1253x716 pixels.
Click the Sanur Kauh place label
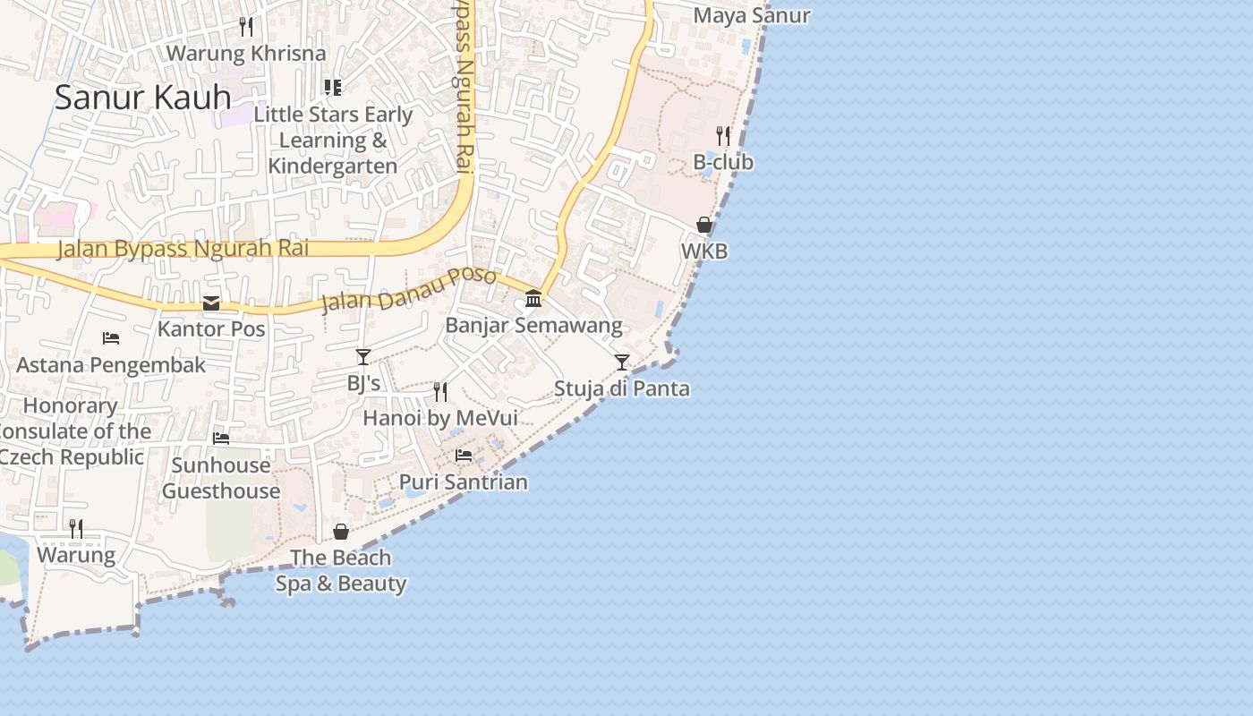(143, 97)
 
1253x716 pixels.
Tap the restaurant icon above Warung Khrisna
(246, 27)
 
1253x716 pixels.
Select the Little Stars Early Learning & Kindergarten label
(333, 141)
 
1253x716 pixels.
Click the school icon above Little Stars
(333, 88)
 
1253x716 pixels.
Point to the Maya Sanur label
(752, 15)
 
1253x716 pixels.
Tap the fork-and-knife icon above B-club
(723, 136)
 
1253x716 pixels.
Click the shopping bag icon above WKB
(704, 225)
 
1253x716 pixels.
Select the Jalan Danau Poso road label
(408, 288)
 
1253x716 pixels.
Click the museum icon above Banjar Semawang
(533, 298)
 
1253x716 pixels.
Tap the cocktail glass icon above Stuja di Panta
(622, 362)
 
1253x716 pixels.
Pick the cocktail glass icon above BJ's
(363, 357)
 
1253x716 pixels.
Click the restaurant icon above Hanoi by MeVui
(440, 391)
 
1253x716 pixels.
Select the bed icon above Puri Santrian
(464, 456)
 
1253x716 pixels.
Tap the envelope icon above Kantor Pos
(211, 303)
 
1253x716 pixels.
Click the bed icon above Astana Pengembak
(111, 338)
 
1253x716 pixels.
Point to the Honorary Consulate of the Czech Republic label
(72, 431)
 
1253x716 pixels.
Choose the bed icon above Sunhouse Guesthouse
(221, 439)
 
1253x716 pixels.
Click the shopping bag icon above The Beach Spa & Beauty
(341, 532)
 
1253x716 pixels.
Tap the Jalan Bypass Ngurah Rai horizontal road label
(183, 248)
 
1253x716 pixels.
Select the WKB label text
(704, 251)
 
